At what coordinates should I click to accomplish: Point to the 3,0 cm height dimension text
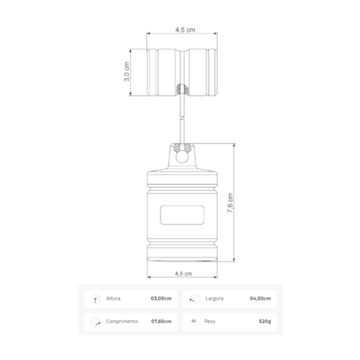127,72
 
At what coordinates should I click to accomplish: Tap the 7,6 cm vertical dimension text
229,205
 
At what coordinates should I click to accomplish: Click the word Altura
114,298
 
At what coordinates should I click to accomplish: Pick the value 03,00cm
160,298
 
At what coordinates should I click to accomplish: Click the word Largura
214,298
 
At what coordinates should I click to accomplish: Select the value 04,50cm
260,298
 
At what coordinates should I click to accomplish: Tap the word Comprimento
122,321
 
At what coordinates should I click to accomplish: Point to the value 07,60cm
160,321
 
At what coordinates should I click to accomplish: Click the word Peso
210,321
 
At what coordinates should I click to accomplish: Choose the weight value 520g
264,321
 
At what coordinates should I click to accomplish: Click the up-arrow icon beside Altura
95,298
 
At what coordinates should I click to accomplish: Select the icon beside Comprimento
95,321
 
